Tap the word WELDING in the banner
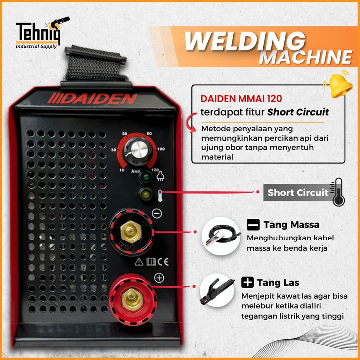(x=245, y=41)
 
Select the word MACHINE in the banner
(x=305, y=57)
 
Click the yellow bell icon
(x=339, y=84)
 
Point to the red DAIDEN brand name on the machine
(x=92, y=99)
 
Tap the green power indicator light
(x=145, y=177)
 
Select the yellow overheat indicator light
(x=145, y=194)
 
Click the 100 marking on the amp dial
(x=161, y=149)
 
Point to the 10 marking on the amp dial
(x=122, y=170)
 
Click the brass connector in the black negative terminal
(x=131, y=232)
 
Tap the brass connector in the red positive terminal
(x=132, y=299)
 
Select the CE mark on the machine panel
(x=163, y=262)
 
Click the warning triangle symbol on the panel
(x=139, y=262)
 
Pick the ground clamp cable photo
(x=221, y=237)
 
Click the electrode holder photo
(x=217, y=291)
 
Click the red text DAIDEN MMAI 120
(x=241, y=99)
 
